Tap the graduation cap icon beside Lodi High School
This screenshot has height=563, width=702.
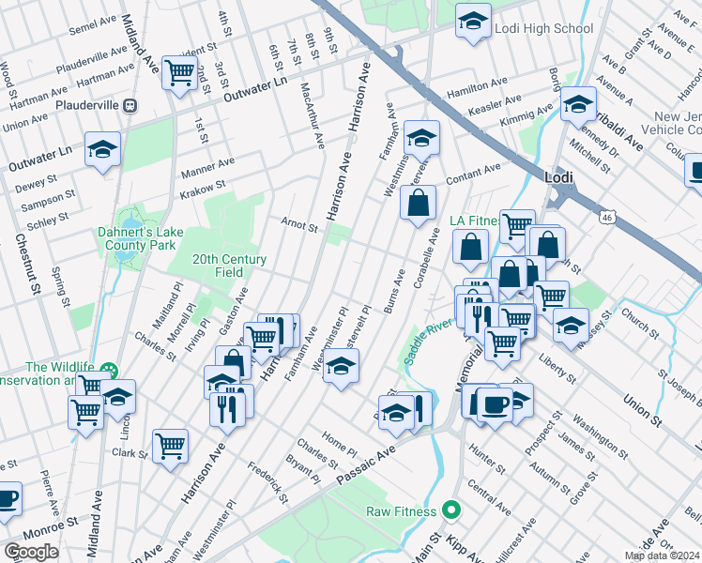pyautogui.click(x=473, y=20)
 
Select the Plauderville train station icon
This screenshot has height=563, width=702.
pyautogui.click(x=130, y=105)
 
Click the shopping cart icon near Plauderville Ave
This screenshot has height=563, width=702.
pyautogui.click(x=178, y=70)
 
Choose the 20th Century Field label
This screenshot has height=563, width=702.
pyautogui.click(x=230, y=266)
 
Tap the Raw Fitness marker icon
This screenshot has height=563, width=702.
pyautogui.click(x=451, y=511)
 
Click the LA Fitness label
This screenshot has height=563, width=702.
pyautogui.click(x=472, y=221)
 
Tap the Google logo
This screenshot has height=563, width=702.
pyautogui.click(x=31, y=551)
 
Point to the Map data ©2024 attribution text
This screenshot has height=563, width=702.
pyautogui.click(x=663, y=555)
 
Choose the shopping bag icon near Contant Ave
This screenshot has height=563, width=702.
pyautogui.click(x=418, y=201)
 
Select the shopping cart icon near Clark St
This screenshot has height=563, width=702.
pyautogui.click(x=170, y=445)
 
